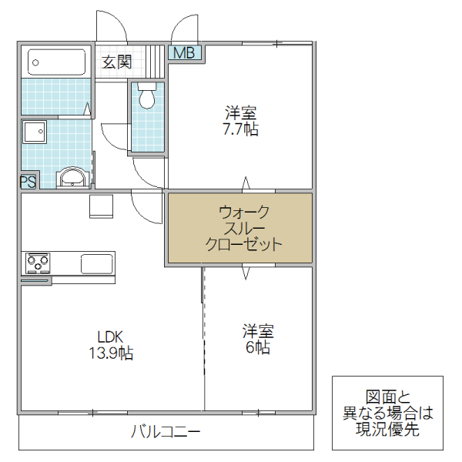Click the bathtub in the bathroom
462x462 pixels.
(56, 61)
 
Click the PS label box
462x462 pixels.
(28, 182)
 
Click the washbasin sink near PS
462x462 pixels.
(73, 178)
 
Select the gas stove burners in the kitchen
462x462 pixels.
(37, 263)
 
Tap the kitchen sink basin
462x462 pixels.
(97, 263)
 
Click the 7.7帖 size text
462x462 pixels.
(239, 129)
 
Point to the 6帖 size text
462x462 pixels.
(258, 348)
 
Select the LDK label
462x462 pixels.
(110, 336)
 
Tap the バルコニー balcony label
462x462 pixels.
(166, 431)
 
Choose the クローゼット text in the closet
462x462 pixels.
(243, 245)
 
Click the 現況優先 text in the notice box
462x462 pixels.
(388, 430)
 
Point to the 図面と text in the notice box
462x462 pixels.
(387, 397)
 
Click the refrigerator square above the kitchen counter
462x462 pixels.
(101, 206)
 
